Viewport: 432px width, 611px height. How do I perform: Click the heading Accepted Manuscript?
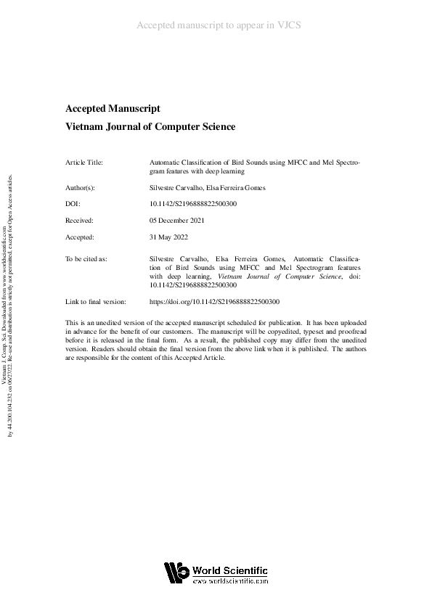coord(112,109)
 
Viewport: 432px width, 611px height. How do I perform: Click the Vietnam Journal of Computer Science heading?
coord(150,127)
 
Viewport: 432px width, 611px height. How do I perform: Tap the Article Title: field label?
coord(84,163)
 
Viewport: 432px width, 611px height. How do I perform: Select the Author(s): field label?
coord(80,188)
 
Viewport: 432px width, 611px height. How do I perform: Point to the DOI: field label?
coord(73,204)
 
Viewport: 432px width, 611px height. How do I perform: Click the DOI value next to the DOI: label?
coord(192,204)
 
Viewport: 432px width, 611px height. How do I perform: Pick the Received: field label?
coord(80,219)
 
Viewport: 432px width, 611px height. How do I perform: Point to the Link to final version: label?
coord(96,301)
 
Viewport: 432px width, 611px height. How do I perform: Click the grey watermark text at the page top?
coord(219,25)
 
